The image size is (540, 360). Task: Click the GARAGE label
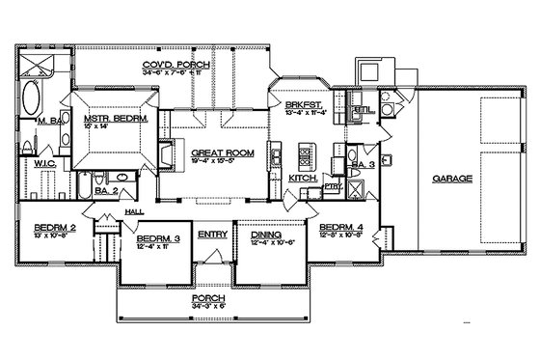450,179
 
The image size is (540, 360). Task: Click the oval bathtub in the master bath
31,98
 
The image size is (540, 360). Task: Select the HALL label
135,210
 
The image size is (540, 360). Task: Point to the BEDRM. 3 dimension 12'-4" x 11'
156,246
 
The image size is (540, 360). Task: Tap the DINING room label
265,234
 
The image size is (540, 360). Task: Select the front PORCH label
209,299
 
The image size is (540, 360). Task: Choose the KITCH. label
300,179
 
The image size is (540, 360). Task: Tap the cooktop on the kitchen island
310,153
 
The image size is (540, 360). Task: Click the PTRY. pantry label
333,184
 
